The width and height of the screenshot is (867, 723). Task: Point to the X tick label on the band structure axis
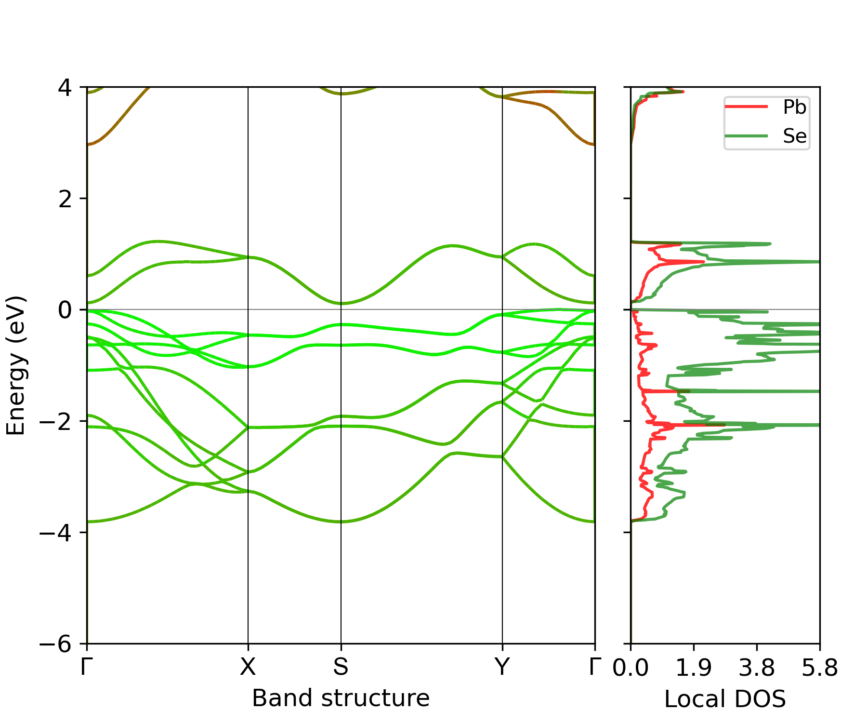click(x=248, y=667)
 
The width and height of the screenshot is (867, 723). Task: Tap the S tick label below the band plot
click(x=341, y=667)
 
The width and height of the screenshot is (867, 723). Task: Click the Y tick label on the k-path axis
click(x=502, y=667)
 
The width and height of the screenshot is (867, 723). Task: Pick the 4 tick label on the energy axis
click(x=65, y=88)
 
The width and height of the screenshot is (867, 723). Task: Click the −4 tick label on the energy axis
click(x=56, y=532)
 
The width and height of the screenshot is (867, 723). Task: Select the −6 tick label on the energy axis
click(x=56, y=643)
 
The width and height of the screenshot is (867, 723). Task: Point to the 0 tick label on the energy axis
click(x=65, y=310)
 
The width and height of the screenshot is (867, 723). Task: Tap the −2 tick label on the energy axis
click(x=56, y=421)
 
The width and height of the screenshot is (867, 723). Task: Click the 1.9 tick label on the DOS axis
click(x=694, y=668)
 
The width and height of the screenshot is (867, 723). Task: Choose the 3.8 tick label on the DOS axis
click(x=757, y=668)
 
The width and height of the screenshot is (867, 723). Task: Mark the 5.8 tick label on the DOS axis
click(x=819, y=668)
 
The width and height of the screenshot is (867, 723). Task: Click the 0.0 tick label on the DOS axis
click(x=631, y=668)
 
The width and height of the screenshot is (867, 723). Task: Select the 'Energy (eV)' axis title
click(x=15, y=365)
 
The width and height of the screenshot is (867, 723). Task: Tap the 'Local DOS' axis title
click(x=725, y=699)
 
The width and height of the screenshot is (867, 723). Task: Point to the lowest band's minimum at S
click(x=341, y=522)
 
